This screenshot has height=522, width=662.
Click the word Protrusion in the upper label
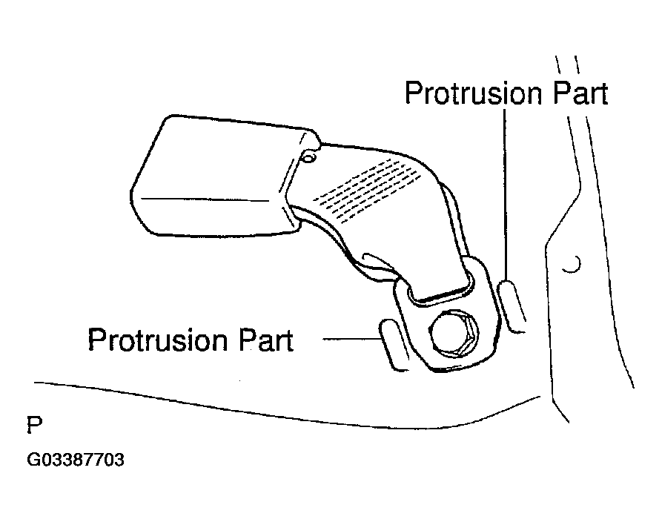474,94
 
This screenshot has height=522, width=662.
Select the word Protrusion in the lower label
159,340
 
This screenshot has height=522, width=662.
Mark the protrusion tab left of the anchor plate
395,342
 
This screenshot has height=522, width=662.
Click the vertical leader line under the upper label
506,193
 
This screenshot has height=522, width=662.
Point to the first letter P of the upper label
413,94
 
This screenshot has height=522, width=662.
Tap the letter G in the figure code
33,460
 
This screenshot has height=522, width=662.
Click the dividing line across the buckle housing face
204,198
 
